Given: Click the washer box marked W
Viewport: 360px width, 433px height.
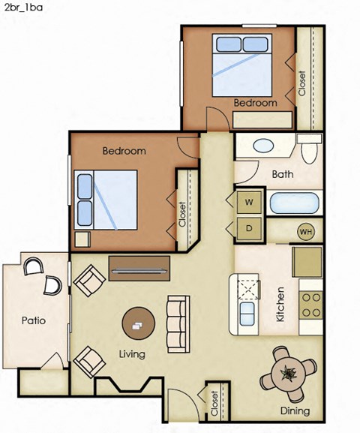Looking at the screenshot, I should coord(250,202).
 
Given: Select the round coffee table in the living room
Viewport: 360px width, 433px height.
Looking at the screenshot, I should coord(139,324).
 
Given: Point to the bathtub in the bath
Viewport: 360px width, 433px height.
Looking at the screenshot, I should coord(293,204).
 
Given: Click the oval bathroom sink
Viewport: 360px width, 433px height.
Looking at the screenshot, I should coord(264,146).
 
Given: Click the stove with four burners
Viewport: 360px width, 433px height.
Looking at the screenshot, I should coord(310,302).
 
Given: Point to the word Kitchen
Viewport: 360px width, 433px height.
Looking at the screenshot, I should coord(280,304).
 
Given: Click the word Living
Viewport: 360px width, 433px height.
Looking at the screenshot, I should coord(131,353).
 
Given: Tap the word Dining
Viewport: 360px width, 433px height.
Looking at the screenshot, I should coord(295,410).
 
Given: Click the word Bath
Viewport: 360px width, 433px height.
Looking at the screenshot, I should coord(283,175).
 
